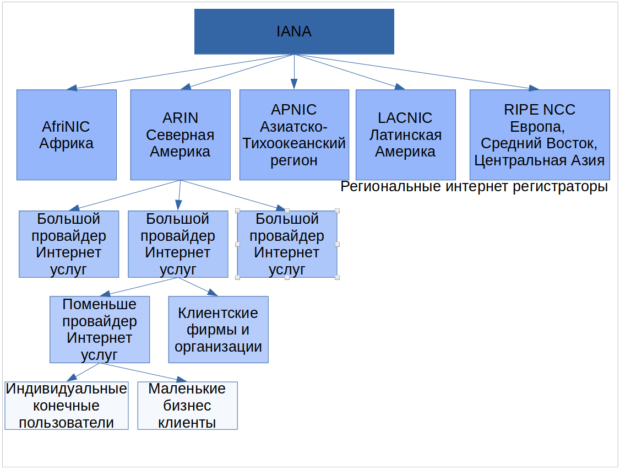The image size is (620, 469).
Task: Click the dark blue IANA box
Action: tap(294, 31)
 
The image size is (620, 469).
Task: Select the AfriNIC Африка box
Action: tap(67, 135)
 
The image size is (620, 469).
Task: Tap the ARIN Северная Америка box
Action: tap(180, 135)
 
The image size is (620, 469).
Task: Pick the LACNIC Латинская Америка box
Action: tap(405, 135)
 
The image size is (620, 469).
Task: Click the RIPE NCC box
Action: tap(540, 135)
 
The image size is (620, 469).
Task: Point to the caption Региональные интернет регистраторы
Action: tap(474, 187)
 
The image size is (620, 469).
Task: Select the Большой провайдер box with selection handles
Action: tap(287, 244)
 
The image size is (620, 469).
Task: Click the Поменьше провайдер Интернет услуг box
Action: tap(100, 330)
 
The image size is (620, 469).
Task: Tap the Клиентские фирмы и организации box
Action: tap(218, 330)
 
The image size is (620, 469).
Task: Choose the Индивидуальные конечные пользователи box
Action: tap(67, 406)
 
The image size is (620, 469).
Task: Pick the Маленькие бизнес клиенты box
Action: tap(187, 406)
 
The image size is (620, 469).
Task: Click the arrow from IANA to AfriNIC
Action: tap(182, 72)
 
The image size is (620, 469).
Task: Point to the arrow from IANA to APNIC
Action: tap(294, 72)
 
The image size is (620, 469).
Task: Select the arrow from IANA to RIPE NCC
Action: tap(418, 72)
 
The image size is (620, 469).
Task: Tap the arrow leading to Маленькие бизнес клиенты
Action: tap(143, 372)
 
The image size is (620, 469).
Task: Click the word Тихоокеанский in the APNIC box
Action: tap(294, 144)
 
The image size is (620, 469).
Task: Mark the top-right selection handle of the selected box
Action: tap(337, 211)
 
